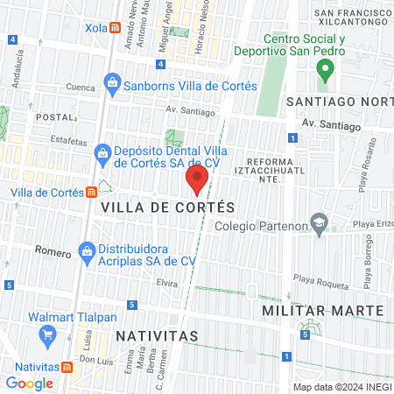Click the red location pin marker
(197, 181)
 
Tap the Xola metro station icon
(116, 27)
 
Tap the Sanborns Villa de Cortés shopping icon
(111, 85)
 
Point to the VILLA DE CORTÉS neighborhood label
(168, 208)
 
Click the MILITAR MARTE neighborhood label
(324, 311)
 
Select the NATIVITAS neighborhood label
(155, 335)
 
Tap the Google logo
(29, 383)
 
